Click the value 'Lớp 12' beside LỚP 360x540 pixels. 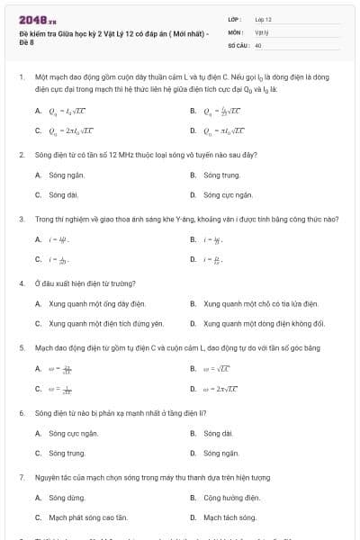click(263, 19)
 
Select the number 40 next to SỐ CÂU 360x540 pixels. click(258, 43)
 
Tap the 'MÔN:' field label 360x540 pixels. click(237, 31)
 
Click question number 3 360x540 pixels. click(21, 219)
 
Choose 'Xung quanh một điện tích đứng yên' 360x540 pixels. click(106, 323)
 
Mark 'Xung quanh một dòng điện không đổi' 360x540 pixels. click(264, 323)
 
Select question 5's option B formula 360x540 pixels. click(220, 368)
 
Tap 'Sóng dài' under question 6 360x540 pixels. click(219, 433)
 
